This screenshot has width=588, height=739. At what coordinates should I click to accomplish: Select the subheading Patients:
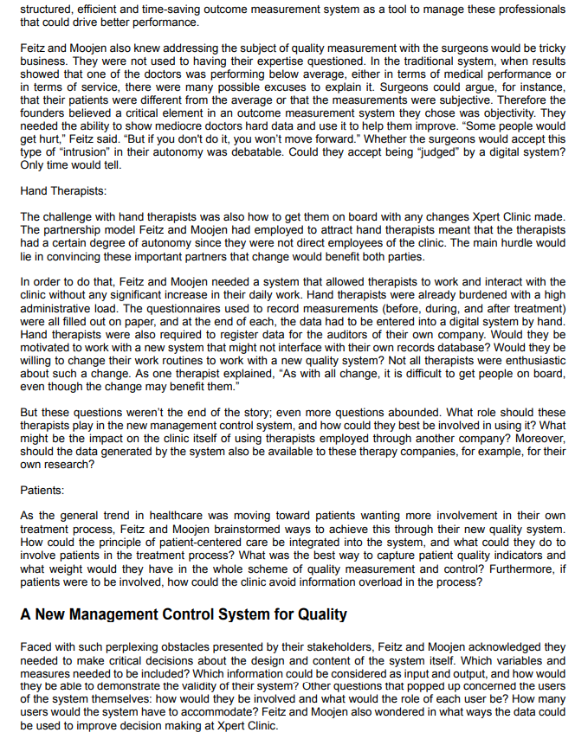42,491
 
